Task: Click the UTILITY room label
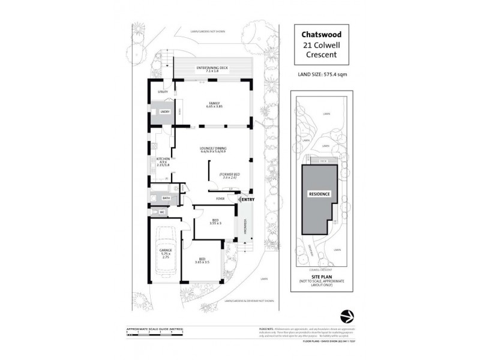click(x=163, y=92)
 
